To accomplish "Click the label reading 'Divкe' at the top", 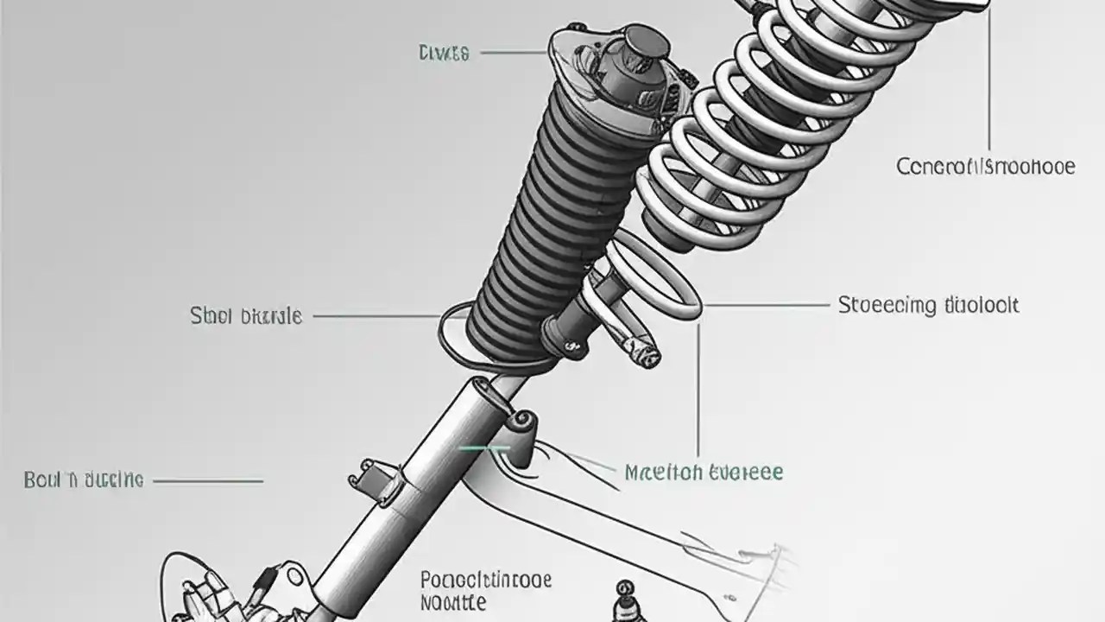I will (x=444, y=54).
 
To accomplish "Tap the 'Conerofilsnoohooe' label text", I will (x=986, y=166).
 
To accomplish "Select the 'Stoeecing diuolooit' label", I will (x=928, y=305).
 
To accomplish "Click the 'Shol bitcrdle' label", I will (x=246, y=316).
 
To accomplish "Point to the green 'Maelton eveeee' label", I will (x=703, y=473).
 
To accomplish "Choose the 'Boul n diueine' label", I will (x=84, y=480).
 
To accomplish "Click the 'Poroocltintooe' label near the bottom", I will (x=486, y=580).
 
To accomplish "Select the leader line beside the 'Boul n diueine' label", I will (x=207, y=480).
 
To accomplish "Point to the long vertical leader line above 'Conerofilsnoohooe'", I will (x=988, y=78).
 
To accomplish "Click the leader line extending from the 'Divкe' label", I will (x=514, y=53).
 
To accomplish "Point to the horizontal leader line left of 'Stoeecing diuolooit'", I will (x=764, y=305).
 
